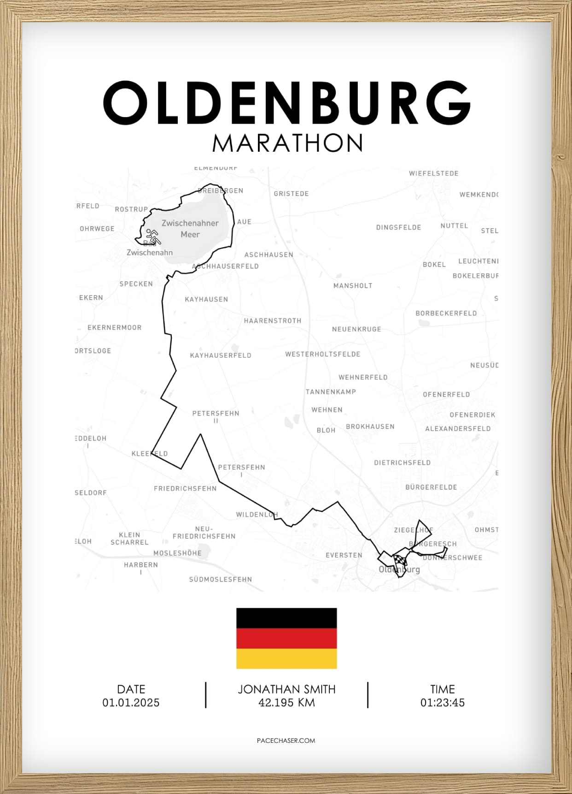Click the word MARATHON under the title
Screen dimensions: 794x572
click(287, 143)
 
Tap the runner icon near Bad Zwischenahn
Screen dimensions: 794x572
click(152, 237)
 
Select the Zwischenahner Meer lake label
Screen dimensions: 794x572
click(190, 229)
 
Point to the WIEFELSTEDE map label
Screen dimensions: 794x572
click(433, 173)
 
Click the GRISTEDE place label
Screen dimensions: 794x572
click(291, 194)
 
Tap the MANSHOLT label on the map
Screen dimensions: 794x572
click(352, 285)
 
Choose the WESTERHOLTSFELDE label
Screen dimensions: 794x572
click(322, 354)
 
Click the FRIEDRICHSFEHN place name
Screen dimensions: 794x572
click(185, 488)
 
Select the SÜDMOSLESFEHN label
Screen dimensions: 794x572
click(220, 579)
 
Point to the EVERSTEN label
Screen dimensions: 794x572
click(344, 555)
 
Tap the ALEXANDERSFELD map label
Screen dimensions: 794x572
click(457, 428)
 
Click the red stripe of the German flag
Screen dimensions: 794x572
click(286, 638)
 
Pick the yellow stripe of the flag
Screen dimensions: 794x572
click(286, 658)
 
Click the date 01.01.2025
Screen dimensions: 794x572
click(131, 703)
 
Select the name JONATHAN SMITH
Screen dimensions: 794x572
click(286, 689)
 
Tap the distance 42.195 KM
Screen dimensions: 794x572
click(286, 703)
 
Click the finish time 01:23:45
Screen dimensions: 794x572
click(442, 703)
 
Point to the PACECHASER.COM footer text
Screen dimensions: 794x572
click(286, 741)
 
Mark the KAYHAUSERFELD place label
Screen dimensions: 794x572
click(220, 356)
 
